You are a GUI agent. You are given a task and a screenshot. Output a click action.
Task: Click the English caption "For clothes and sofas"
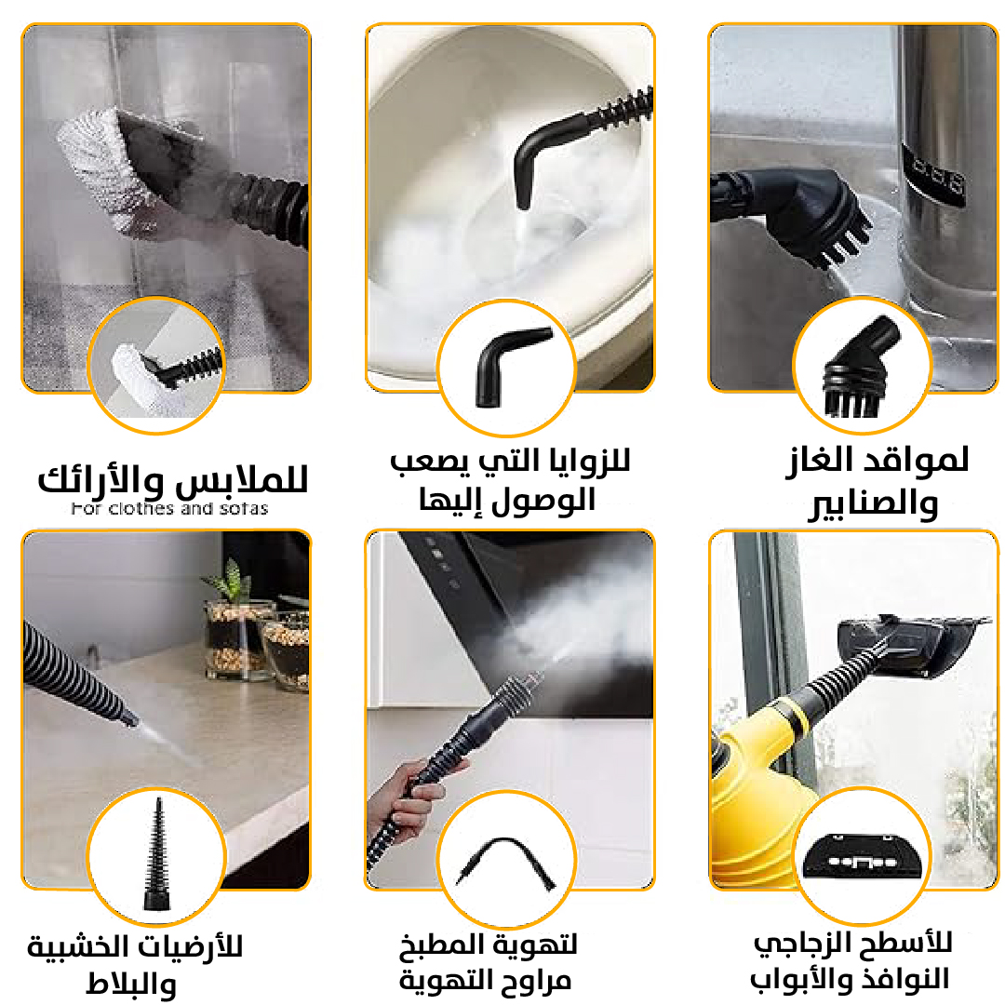click(x=169, y=509)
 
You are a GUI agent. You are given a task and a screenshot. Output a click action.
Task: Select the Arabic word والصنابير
click(x=873, y=503)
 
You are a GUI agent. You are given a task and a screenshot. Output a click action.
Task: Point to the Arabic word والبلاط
click(x=131, y=984)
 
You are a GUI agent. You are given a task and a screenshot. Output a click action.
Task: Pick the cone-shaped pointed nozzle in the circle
click(x=157, y=853)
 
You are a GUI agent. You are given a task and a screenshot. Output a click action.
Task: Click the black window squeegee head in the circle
click(x=863, y=856)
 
